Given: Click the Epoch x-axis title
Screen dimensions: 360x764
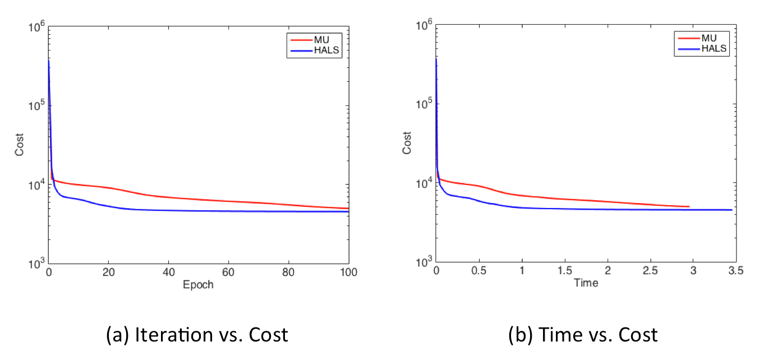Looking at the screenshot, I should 199,285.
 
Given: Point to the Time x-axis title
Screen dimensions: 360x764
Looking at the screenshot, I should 586,283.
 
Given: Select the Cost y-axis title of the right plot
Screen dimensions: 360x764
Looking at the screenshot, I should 407,143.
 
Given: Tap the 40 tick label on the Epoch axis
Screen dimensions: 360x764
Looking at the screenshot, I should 168,273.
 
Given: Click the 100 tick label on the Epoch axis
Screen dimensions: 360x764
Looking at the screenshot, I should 348,273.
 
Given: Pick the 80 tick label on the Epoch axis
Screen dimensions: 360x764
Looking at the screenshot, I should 288,273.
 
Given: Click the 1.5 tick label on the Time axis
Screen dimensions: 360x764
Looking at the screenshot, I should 565,271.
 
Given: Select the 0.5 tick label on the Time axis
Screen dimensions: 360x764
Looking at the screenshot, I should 479,271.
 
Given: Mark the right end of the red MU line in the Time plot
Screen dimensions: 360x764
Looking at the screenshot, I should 689,207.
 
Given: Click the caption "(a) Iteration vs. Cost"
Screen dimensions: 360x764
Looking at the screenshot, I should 197,335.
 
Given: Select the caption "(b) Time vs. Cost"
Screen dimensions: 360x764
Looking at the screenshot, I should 583,335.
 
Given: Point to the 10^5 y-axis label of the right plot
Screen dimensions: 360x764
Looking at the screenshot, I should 424,105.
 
